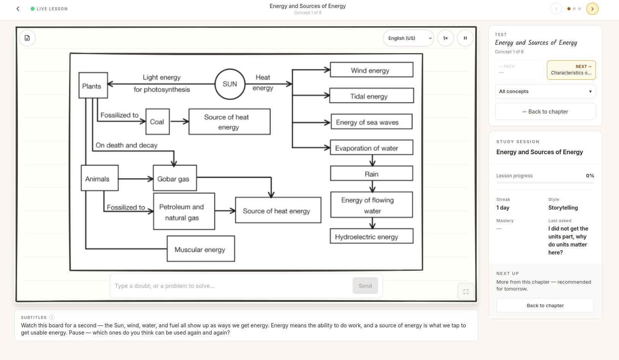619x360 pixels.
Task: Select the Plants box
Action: [93, 85]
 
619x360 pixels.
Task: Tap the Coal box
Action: [158, 122]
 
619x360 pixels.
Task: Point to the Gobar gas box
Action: [175, 178]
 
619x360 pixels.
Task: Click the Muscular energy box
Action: [201, 249]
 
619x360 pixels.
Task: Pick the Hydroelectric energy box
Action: [372, 236]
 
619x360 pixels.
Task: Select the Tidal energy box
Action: [372, 95]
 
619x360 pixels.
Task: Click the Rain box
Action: [372, 174]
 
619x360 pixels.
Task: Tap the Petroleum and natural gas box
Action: [184, 211]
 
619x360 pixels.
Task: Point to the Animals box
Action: [100, 178]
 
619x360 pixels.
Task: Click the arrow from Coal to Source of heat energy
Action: [180, 122]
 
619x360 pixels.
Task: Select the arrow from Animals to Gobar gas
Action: [136, 179]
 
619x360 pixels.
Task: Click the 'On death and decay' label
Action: [126, 145]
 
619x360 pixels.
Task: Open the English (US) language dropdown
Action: [408, 38]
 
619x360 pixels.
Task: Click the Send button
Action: [365, 286]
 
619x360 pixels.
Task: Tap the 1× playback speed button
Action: [446, 38]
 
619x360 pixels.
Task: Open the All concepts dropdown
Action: [545, 91]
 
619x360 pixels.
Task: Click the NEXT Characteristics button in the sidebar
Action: [571, 70]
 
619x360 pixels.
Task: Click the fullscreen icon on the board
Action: [466, 291]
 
